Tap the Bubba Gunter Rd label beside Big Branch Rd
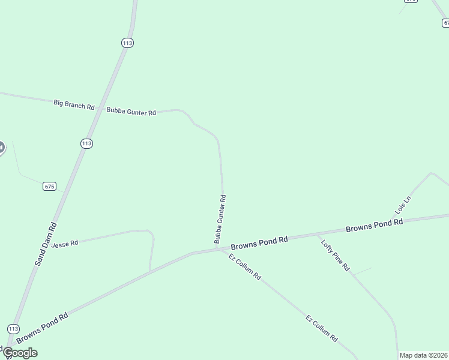point(131,111)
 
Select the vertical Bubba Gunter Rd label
point(220,219)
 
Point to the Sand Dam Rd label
point(45,244)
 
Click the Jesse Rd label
point(65,244)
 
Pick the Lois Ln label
point(403,205)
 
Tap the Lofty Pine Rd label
point(335,255)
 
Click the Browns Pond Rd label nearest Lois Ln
point(374,226)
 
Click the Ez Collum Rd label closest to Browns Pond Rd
point(245,267)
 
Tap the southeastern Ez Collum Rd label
point(322,328)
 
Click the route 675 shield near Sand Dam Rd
point(49,187)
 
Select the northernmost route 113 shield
point(127,43)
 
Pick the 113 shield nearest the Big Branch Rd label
point(86,143)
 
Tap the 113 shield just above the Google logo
point(13,329)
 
